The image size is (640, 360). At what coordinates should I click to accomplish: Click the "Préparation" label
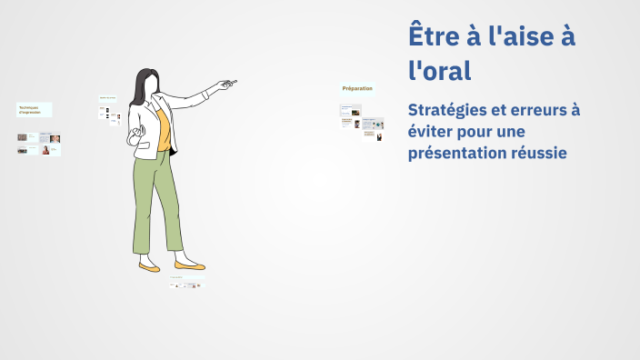coord(357,88)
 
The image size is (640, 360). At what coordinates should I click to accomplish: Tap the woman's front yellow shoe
coord(189,265)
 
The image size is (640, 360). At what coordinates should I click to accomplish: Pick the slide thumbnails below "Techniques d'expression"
coord(39,144)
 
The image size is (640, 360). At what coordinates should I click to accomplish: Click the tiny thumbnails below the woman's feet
coord(185,285)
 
